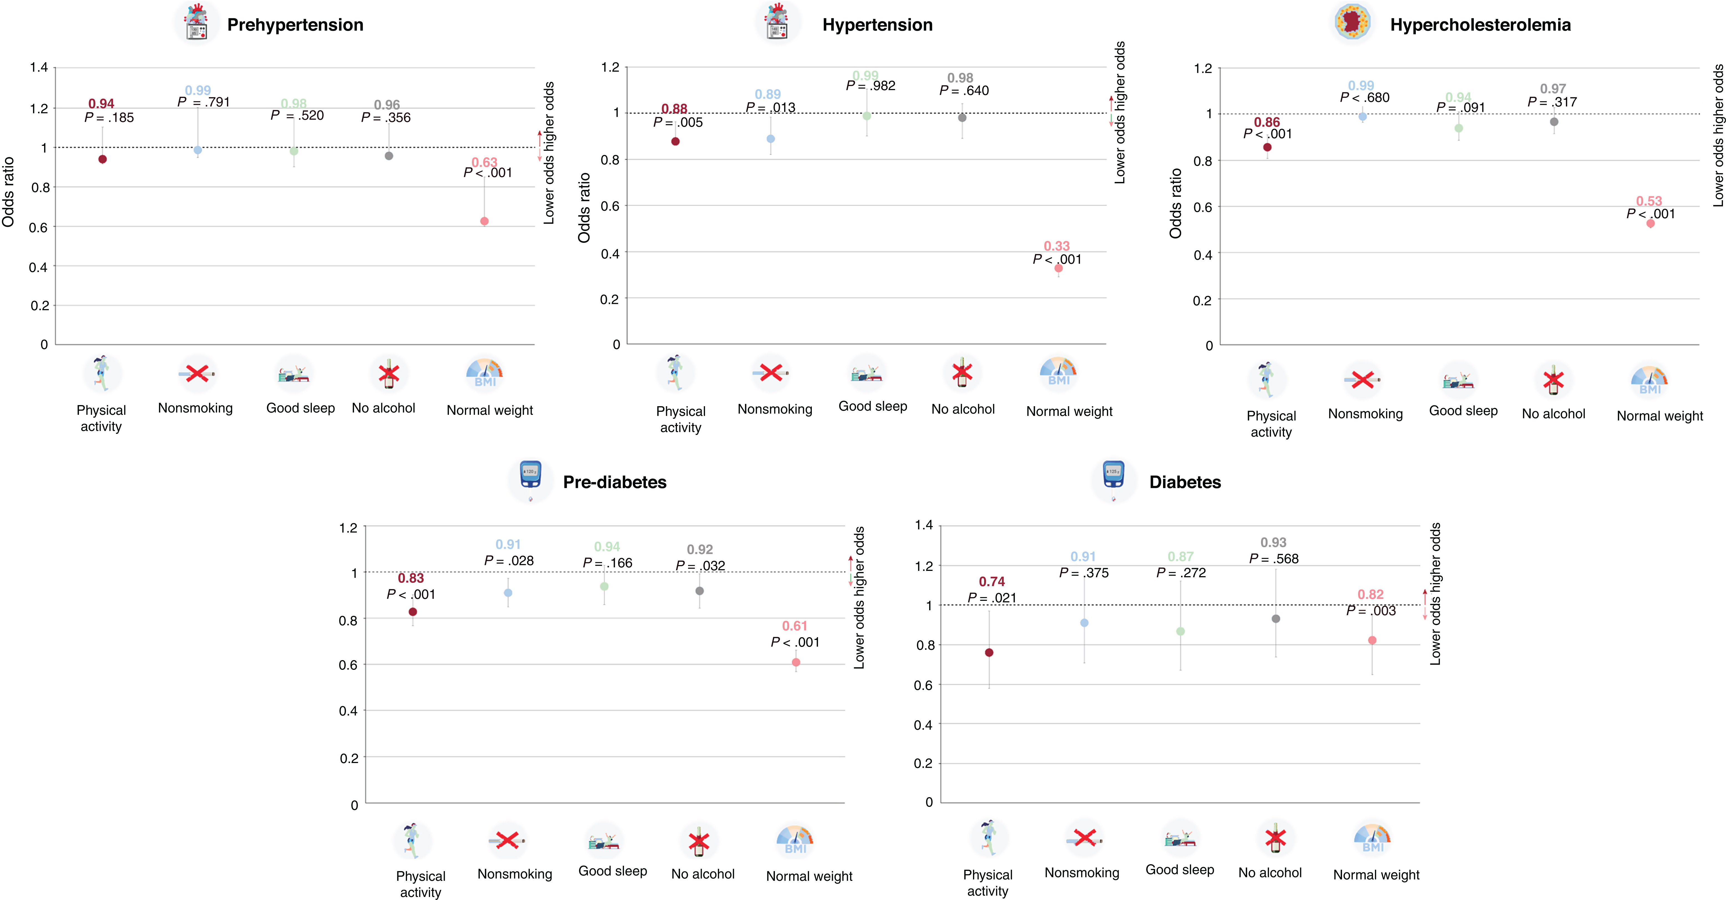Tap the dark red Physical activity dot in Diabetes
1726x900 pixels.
989,652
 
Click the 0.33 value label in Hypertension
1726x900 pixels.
1057,246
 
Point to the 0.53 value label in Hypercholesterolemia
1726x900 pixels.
1649,201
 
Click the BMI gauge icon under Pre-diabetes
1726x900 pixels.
795,840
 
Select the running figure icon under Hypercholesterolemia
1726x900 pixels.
1266,380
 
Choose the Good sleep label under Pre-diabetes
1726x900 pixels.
612,871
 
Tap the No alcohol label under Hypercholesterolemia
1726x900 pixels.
1553,414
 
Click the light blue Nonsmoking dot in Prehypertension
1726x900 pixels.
198,150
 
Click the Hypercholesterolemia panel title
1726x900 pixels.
1480,25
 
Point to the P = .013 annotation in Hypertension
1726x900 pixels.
770,107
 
